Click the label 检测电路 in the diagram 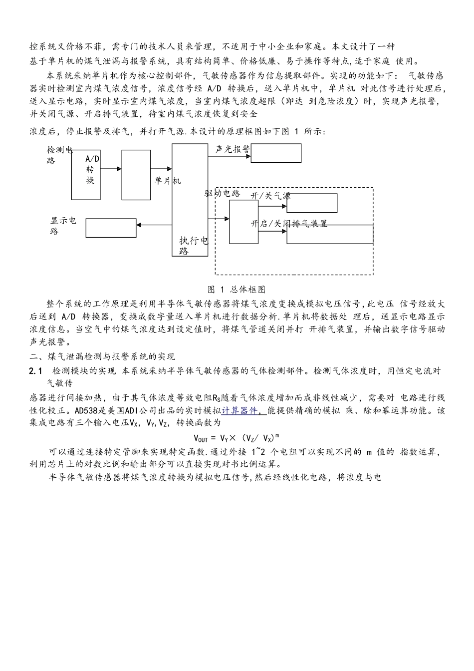pos(59,155)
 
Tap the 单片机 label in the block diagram pos(167,181)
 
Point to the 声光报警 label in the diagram pos(233,149)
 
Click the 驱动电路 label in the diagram pos(222,193)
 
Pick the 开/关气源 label pos(270,196)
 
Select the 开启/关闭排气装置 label pos(289,224)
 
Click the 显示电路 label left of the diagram pos(63,226)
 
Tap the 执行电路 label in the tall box pos(193,246)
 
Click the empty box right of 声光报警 pos(276,153)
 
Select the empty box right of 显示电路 pos(111,228)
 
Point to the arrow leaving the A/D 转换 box pos(111,169)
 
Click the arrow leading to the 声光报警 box pos(230,156)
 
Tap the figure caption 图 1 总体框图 pos(237,290)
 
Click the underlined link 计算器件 pos(239,411)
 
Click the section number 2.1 pos(37,371)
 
